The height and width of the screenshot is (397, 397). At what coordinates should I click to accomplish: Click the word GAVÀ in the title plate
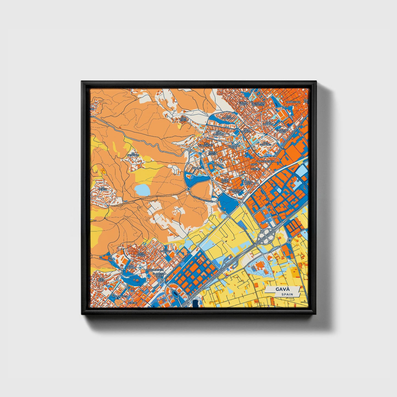pyautogui.click(x=282, y=289)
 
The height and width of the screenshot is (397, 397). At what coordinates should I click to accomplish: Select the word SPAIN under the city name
pyautogui.click(x=287, y=295)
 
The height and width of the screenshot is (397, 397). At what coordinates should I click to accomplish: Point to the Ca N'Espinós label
pyautogui.click(x=133, y=154)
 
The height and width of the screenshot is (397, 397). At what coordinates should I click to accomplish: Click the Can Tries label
pyautogui.click(x=183, y=119)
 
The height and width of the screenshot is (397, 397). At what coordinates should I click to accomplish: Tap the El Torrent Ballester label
pyautogui.click(x=258, y=104)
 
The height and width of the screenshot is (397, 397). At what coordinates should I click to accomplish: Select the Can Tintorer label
pyautogui.click(x=220, y=133)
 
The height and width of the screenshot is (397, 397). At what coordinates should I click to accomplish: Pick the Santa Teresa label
pyautogui.click(x=213, y=153)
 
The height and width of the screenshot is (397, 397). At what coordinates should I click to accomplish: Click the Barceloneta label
pyautogui.click(x=266, y=162)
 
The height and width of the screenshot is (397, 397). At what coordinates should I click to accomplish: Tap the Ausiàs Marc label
pyautogui.click(x=224, y=181)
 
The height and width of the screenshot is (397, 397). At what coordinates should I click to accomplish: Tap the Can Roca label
pyautogui.click(x=102, y=279)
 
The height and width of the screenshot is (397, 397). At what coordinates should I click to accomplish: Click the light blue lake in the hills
pyautogui.click(x=142, y=190)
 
